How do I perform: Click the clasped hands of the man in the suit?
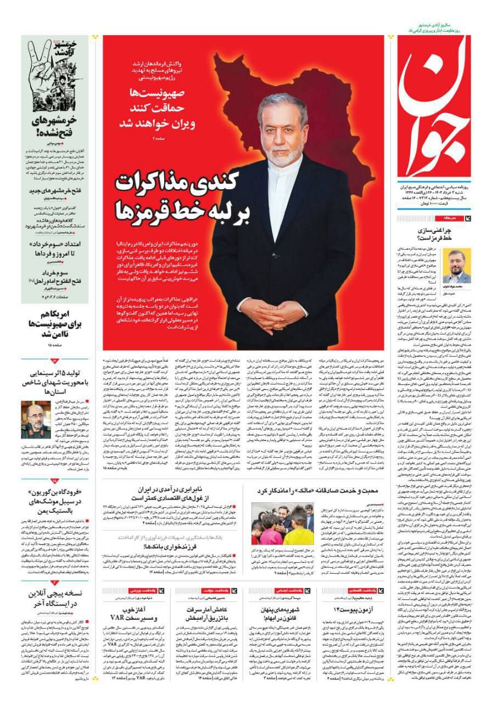tap(273, 311)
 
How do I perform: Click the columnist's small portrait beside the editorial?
tap(457, 265)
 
